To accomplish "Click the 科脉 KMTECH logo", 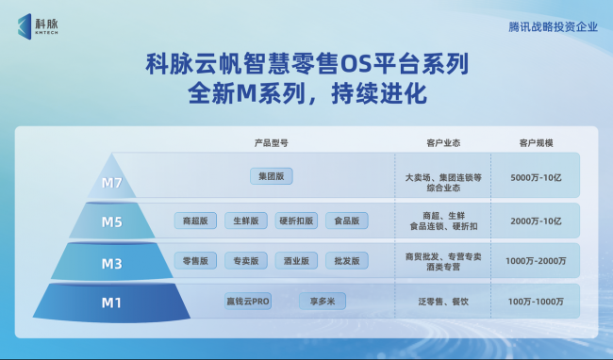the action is [38, 26].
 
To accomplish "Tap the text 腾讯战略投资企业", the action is [553, 27].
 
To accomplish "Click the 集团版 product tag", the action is [272, 176].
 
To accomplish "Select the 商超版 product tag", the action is [195, 221].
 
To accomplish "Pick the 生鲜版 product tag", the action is [246, 221].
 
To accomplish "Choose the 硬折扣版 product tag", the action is [296, 221].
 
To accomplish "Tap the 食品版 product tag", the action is [347, 221].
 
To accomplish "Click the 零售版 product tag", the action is [195, 261].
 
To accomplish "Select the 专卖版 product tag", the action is [246, 261].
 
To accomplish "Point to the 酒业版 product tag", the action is [296, 261].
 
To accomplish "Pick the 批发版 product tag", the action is [347, 261].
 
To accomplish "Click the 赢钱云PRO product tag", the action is [248, 301].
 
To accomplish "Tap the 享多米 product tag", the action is [323, 301].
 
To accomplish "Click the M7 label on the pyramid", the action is [112, 183].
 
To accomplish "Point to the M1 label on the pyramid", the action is [111, 303].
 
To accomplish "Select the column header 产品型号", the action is [271, 143].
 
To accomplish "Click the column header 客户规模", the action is [536, 143].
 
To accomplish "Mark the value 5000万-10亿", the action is [536, 178].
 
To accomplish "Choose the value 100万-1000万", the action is [536, 302].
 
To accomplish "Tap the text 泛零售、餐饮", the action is [443, 302].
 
